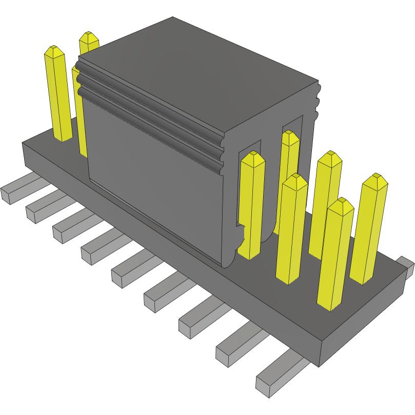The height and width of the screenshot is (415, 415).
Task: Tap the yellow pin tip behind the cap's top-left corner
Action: click(x=89, y=37)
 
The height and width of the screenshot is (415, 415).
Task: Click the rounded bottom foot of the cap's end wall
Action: click(x=231, y=256)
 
